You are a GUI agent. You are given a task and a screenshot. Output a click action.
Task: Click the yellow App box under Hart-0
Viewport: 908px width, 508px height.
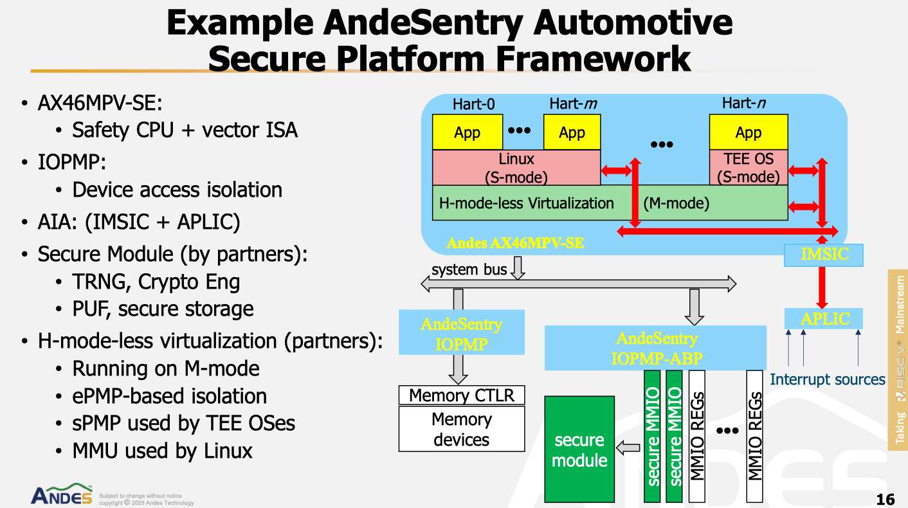coord(467,132)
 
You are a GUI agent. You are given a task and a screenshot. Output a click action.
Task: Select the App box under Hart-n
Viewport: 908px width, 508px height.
coord(748,132)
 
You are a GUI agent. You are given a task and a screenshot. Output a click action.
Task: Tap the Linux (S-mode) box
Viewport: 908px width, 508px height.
coord(516,167)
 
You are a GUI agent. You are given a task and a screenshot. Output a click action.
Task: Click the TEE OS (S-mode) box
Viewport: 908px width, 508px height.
coord(748,167)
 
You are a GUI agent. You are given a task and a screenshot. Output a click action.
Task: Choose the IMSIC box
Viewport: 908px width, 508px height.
coord(824,255)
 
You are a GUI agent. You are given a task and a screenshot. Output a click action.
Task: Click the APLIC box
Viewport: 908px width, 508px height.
coord(824,318)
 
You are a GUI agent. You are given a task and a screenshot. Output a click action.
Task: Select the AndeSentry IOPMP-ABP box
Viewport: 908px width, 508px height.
coord(655,348)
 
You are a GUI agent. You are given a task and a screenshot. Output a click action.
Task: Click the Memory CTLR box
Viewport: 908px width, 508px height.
coord(462,395)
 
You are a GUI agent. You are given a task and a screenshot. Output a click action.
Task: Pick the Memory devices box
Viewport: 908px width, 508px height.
coord(462,429)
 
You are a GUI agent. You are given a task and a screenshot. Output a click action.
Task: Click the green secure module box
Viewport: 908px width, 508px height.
coord(579,449)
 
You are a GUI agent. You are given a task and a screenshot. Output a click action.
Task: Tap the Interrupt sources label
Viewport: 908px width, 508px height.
coord(828,379)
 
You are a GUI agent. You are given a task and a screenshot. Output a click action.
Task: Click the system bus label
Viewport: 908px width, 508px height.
coord(469,269)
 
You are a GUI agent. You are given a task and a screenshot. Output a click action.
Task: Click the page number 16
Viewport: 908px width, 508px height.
coord(885,499)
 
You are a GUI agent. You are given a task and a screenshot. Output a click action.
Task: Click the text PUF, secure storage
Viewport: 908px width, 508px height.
coord(163,309)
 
